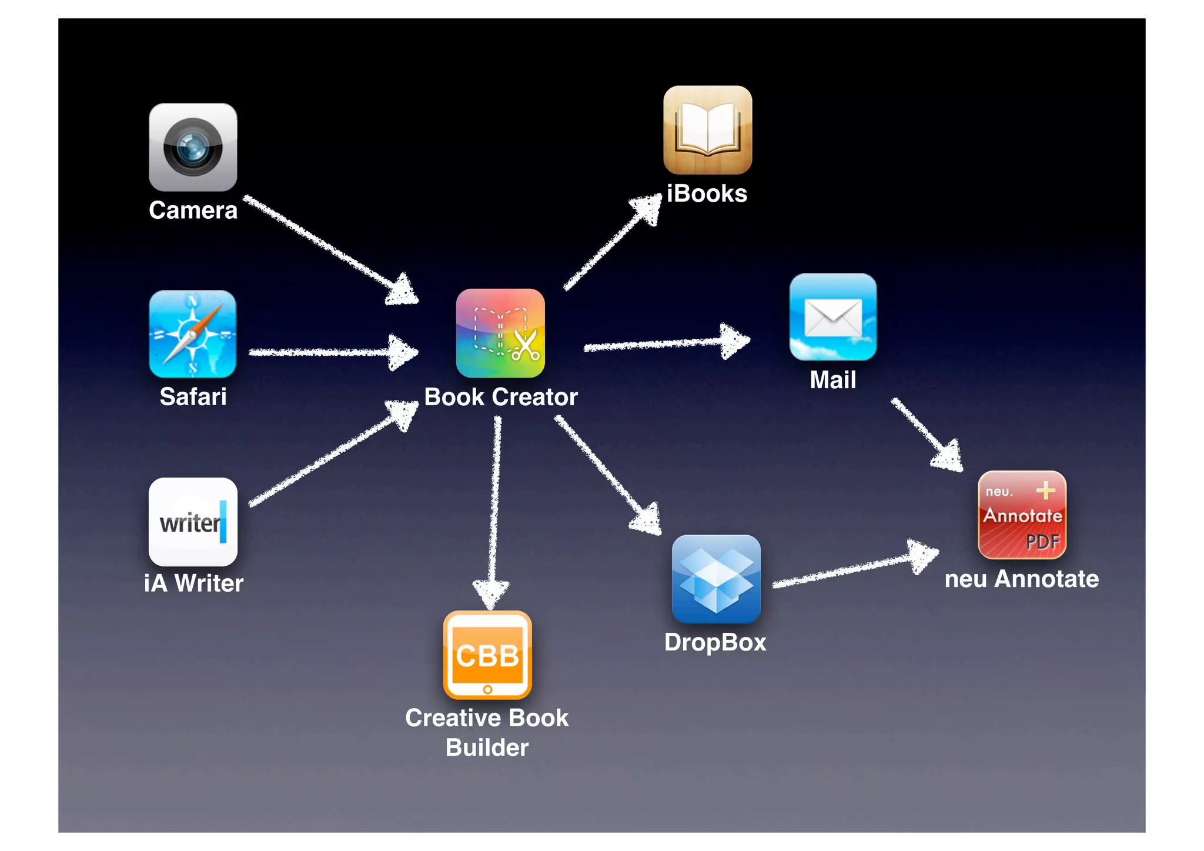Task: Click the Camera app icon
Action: pos(193,148)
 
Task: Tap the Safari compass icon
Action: pos(193,333)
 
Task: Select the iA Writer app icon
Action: pos(193,522)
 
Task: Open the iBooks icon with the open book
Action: pos(707,130)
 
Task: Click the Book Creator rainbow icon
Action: pos(500,333)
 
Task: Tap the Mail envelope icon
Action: pos(832,317)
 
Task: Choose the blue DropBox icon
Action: pos(715,579)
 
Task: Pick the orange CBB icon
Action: pos(487,655)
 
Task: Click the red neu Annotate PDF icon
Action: pos(1022,515)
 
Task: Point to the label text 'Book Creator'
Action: pos(501,397)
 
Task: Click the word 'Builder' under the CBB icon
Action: pos(487,747)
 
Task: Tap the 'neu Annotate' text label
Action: pos(1022,579)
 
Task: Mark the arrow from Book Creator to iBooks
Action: pos(611,244)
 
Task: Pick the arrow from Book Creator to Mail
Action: pos(664,343)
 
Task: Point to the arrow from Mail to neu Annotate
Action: pos(926,434)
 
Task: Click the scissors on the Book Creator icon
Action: pos(525,345)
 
